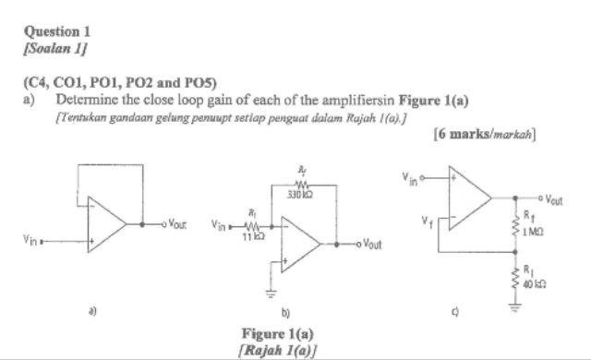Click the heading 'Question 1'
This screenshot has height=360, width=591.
click(57, 30)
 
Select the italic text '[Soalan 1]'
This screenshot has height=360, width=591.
click(54, 46)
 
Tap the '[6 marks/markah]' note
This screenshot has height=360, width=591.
click(485, 135)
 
